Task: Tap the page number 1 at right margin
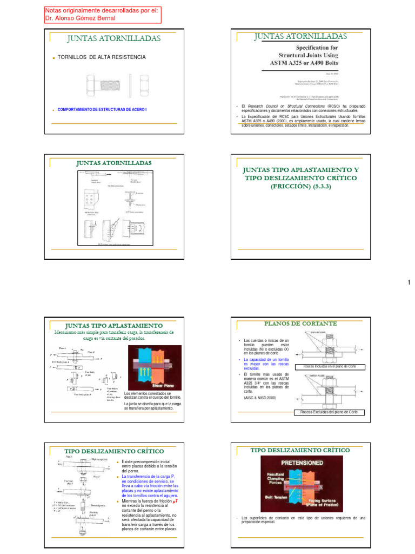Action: [x=409, y=283]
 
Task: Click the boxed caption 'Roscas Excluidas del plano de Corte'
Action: [x=329, y=412]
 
